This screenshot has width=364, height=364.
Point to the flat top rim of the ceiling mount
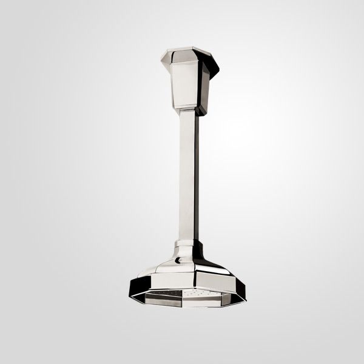pos(192,48)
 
